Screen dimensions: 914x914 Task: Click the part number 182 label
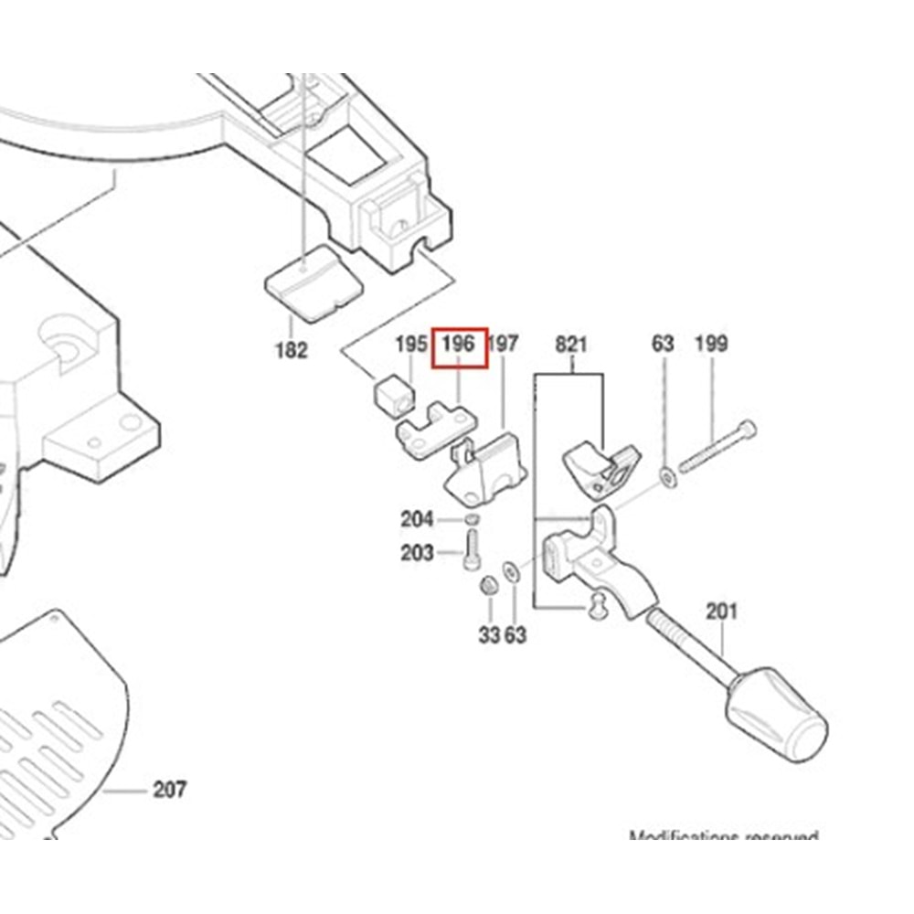coord(291,350)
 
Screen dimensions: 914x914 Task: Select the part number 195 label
coord(411,345)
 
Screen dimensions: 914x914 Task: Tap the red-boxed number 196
coord(460,345)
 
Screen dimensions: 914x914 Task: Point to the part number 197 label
coord(504,345)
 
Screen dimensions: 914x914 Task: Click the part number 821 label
coord(571,345)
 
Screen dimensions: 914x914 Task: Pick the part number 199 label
coord(711,345)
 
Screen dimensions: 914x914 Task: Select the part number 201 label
coord(721,611)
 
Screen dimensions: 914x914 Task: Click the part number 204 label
coord(417,520)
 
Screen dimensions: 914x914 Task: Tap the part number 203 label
coord(417,553)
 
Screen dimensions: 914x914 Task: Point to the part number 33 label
coord(489,634)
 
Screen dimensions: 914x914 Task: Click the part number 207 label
coord(170,789)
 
